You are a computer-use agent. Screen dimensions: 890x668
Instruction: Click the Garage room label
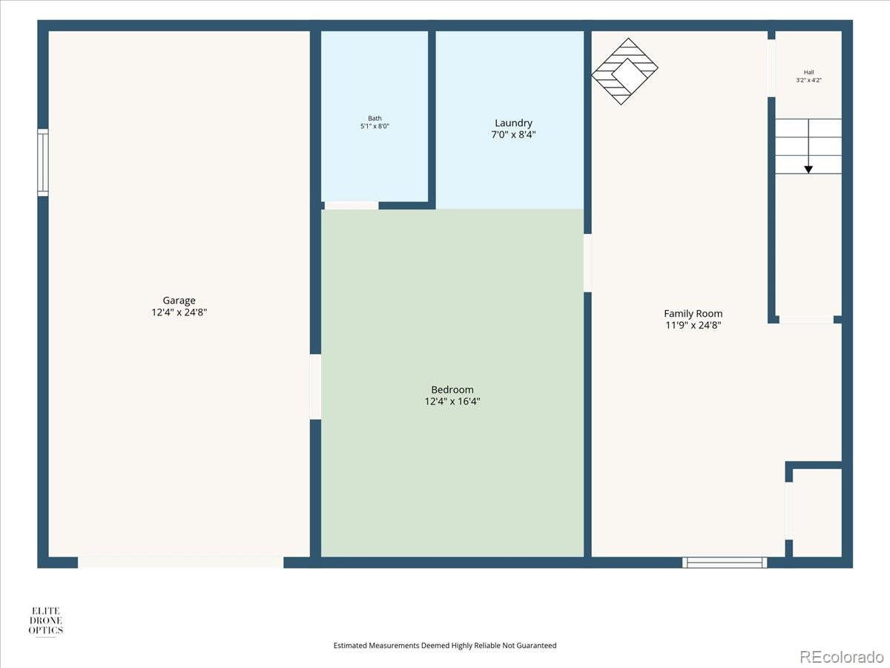(x=179, y=301)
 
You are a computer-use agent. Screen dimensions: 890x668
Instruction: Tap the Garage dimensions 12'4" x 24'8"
(x=179, y=312)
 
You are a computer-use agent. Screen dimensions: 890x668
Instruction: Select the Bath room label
(x=375, y=119)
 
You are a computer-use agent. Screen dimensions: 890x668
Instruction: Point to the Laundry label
(x=513, y=123)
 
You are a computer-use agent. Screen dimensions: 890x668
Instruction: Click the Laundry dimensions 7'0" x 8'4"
(x=513, y=134)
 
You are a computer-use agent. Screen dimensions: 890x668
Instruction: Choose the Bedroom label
(x=452, y=390)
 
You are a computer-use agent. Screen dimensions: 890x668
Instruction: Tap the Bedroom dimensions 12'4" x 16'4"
(x=452, y=402)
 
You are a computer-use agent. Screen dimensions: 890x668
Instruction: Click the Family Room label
(x=693, y=313)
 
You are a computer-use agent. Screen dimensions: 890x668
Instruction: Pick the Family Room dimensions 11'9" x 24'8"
(x=693, y=325)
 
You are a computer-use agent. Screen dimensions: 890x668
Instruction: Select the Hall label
(x=808, y=72)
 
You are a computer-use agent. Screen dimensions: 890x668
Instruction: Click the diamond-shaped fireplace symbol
(x=624, y=71)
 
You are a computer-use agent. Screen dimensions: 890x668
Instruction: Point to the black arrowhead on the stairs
(x=808, y=169)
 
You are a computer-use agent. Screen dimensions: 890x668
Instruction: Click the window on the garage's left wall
(x=43, y=163)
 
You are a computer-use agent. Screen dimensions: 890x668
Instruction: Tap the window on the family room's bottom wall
(x=725, y=563)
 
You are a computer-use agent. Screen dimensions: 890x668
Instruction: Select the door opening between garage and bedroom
(x=315, y=387)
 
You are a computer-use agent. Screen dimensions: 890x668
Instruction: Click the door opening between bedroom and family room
(x=587, y=263)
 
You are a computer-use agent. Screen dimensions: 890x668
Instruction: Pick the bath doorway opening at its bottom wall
(x=352, y=206)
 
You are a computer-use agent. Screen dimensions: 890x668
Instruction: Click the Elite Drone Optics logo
(x=46, y=620)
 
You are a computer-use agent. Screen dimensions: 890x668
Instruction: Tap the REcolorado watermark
(x=841, y=657)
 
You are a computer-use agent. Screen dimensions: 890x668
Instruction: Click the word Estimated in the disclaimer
(x=350, y=645)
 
